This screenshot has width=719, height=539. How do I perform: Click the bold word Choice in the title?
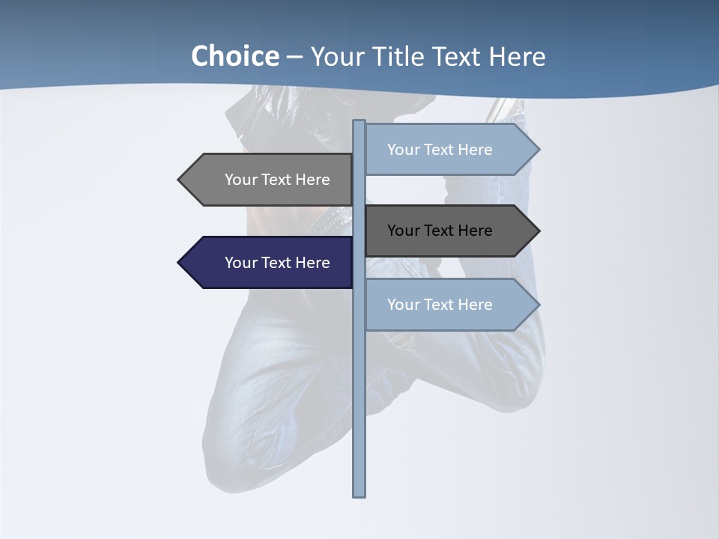235,56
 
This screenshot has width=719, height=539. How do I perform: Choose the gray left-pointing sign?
270,180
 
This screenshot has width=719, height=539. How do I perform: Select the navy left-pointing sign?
270,263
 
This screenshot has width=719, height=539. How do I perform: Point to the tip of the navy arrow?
180,263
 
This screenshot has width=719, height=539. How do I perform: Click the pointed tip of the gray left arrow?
180,180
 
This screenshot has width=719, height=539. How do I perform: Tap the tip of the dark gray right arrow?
538,231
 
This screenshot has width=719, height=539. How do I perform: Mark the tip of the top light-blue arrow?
538,149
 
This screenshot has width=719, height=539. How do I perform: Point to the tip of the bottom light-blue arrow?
538,305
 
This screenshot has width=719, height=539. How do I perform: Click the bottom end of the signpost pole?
359,494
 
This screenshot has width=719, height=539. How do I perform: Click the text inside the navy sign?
277,263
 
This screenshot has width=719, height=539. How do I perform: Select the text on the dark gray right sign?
440,231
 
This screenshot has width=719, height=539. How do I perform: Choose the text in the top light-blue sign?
440,150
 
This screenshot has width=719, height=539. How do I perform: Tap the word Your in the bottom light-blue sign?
403,305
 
